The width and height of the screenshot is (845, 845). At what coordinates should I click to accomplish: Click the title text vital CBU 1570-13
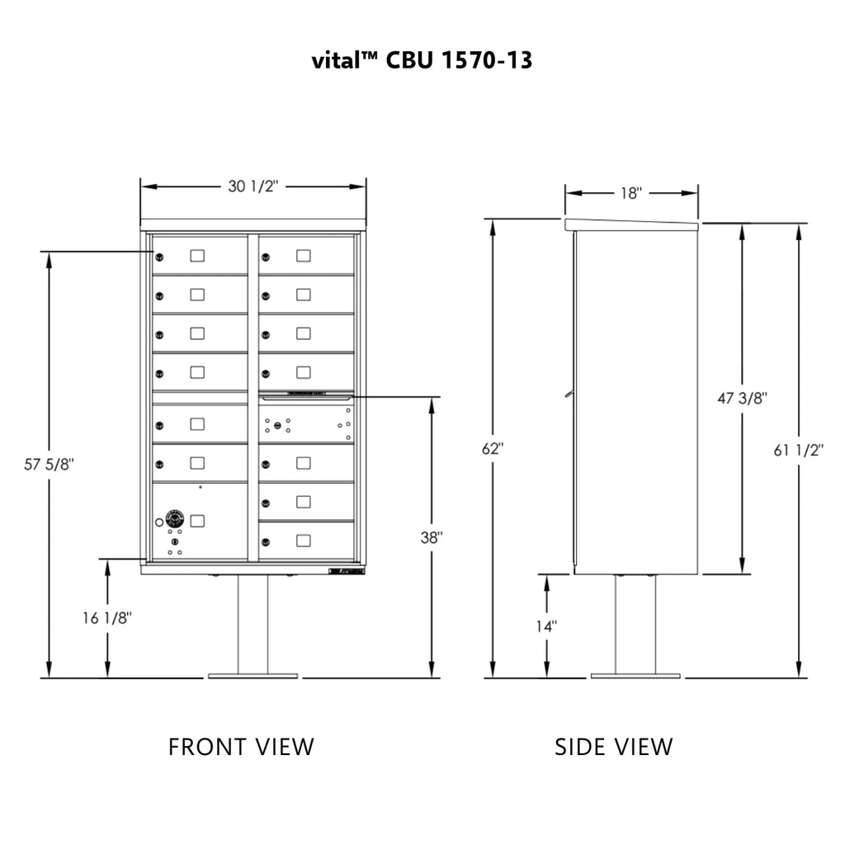coord(422,60)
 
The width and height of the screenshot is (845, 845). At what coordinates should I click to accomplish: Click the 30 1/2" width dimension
coord(253,186)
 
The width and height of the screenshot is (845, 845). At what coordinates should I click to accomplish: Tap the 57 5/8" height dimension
coord(49,465)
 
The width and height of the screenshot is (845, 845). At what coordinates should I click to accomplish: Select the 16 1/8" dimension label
coord(106,617)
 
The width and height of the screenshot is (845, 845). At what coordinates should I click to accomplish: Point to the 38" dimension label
coord(431,536)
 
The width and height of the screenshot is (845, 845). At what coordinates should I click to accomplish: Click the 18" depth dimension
coord(630,193)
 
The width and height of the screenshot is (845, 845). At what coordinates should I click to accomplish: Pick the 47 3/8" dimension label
coord(743,399)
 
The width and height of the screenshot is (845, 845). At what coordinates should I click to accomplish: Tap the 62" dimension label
coord(493,450)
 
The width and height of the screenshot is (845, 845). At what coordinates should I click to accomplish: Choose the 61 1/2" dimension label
coord(800,450)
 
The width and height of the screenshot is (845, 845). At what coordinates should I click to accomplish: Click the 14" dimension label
coord(546,626)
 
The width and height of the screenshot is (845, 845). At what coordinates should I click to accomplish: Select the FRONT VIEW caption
coord(241,747)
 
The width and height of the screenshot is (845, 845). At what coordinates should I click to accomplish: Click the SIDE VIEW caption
coord(613,747)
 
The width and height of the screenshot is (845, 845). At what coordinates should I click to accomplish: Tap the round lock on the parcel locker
coord(174,519)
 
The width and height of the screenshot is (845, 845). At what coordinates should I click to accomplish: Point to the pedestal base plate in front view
coord(252,676)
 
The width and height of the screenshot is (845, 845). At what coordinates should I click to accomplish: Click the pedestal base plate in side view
coord(635,676)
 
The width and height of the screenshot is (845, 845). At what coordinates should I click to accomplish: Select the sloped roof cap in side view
coord(631,224)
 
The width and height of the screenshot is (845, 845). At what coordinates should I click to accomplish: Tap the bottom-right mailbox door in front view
coord(306,541)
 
